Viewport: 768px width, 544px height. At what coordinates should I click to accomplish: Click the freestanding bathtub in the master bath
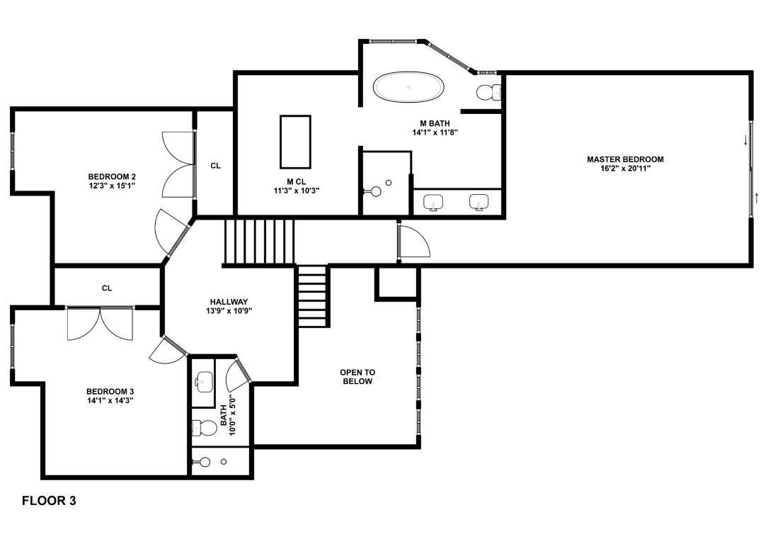(x=409, y=87)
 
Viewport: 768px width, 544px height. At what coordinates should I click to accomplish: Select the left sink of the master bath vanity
(x=433, y=203)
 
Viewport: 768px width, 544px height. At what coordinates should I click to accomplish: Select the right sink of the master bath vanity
(x=479, y=203)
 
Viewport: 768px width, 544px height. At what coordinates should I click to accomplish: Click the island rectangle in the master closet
(x=295, y=140)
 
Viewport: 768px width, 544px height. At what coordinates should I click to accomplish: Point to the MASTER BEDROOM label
(x=625, y=159)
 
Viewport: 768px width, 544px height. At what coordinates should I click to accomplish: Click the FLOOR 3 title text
(x=49, y=501)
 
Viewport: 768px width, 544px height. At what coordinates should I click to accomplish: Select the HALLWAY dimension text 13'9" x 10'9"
(x=228, y=311)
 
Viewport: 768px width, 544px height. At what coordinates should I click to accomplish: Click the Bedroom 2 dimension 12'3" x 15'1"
(x=111, y=186)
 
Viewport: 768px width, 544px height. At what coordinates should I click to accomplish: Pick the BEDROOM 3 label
(x=110, y=392)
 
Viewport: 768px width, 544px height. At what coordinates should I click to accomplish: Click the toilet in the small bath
(x=205, y=428)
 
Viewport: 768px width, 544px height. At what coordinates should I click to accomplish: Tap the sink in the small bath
(x=203, y=383)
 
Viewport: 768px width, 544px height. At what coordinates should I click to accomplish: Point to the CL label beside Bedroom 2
(x=215, y=166)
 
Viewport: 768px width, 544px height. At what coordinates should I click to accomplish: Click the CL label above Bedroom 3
(x=107, y=288)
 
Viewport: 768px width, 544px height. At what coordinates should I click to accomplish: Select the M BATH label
(x=435, y=123)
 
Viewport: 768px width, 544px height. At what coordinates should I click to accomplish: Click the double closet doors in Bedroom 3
(x=100, y=324)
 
